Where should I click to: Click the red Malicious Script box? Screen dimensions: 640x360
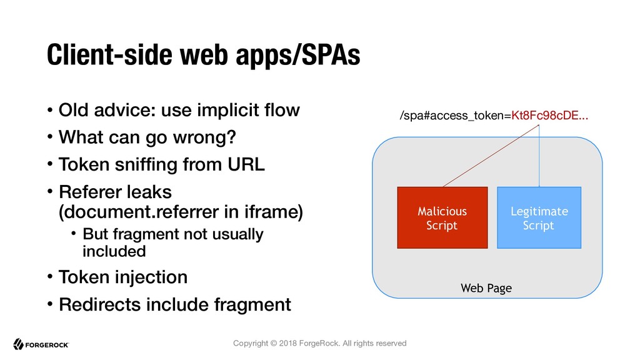442,217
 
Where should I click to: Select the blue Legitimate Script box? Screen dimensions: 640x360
539,217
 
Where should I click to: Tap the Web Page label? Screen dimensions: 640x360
486,288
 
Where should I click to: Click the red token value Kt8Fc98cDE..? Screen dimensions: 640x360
550,116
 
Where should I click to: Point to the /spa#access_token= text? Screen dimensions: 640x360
456,116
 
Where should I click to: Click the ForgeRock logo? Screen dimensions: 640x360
41,344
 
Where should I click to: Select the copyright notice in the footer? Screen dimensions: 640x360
319,343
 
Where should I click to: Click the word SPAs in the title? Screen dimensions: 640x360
331,55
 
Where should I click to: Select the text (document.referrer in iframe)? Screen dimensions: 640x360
181,212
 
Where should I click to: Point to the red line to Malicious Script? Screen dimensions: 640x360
491,156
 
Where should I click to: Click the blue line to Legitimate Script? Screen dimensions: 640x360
539,156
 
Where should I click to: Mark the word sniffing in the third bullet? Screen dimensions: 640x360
146,165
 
